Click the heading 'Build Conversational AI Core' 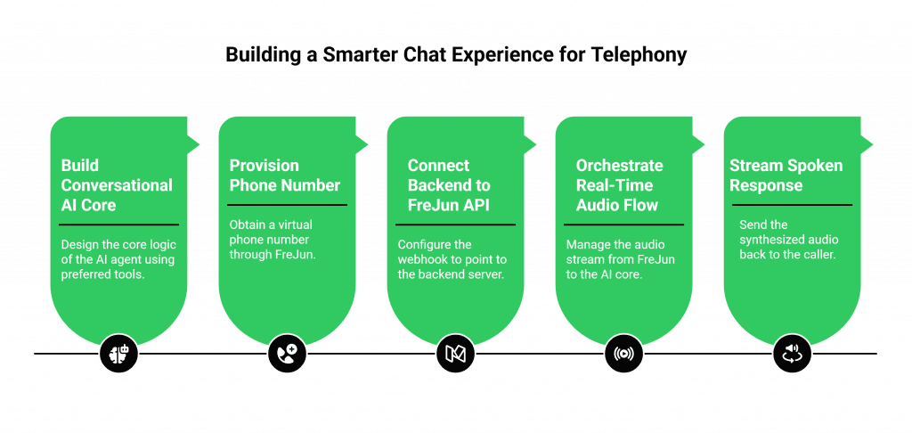tap(116, 185)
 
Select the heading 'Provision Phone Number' tap(284, 176)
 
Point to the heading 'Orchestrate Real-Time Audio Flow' tap(620, 185)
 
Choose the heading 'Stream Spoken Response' tap(786, 176)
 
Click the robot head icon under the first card tap(118, 354)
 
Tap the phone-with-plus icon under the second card tap(287, 354)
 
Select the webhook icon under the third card tap(455, 354)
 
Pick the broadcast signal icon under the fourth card tap(623, 354)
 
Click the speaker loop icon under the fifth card tap(792, 354)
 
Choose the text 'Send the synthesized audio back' tap(786, 241)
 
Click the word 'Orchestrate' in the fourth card tap(619, 166)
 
